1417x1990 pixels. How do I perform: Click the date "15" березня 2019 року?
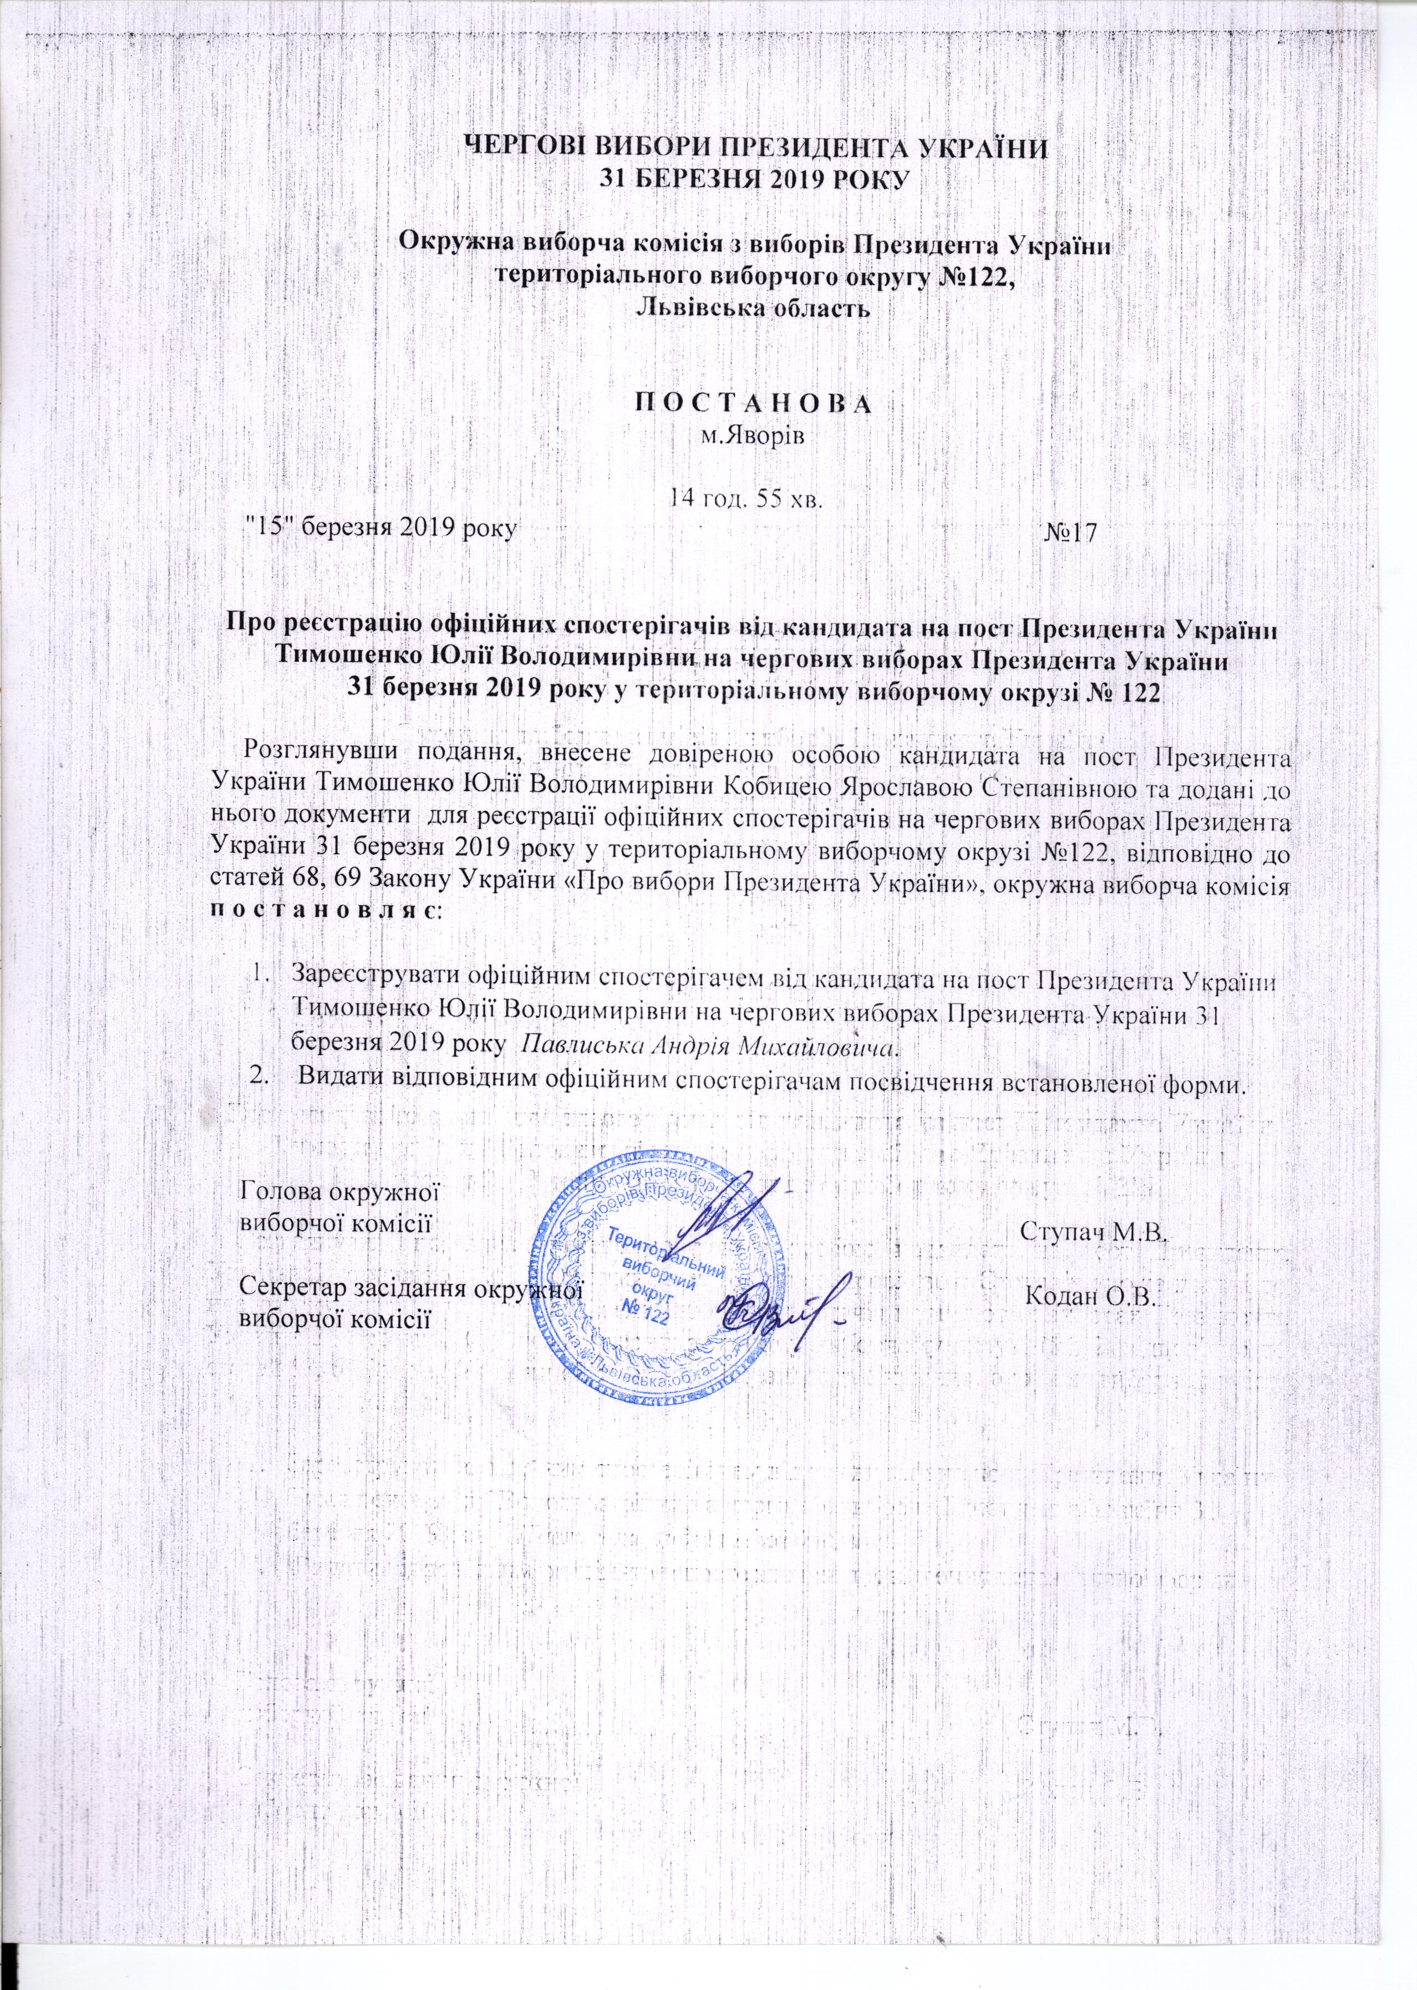pos(382,526)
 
